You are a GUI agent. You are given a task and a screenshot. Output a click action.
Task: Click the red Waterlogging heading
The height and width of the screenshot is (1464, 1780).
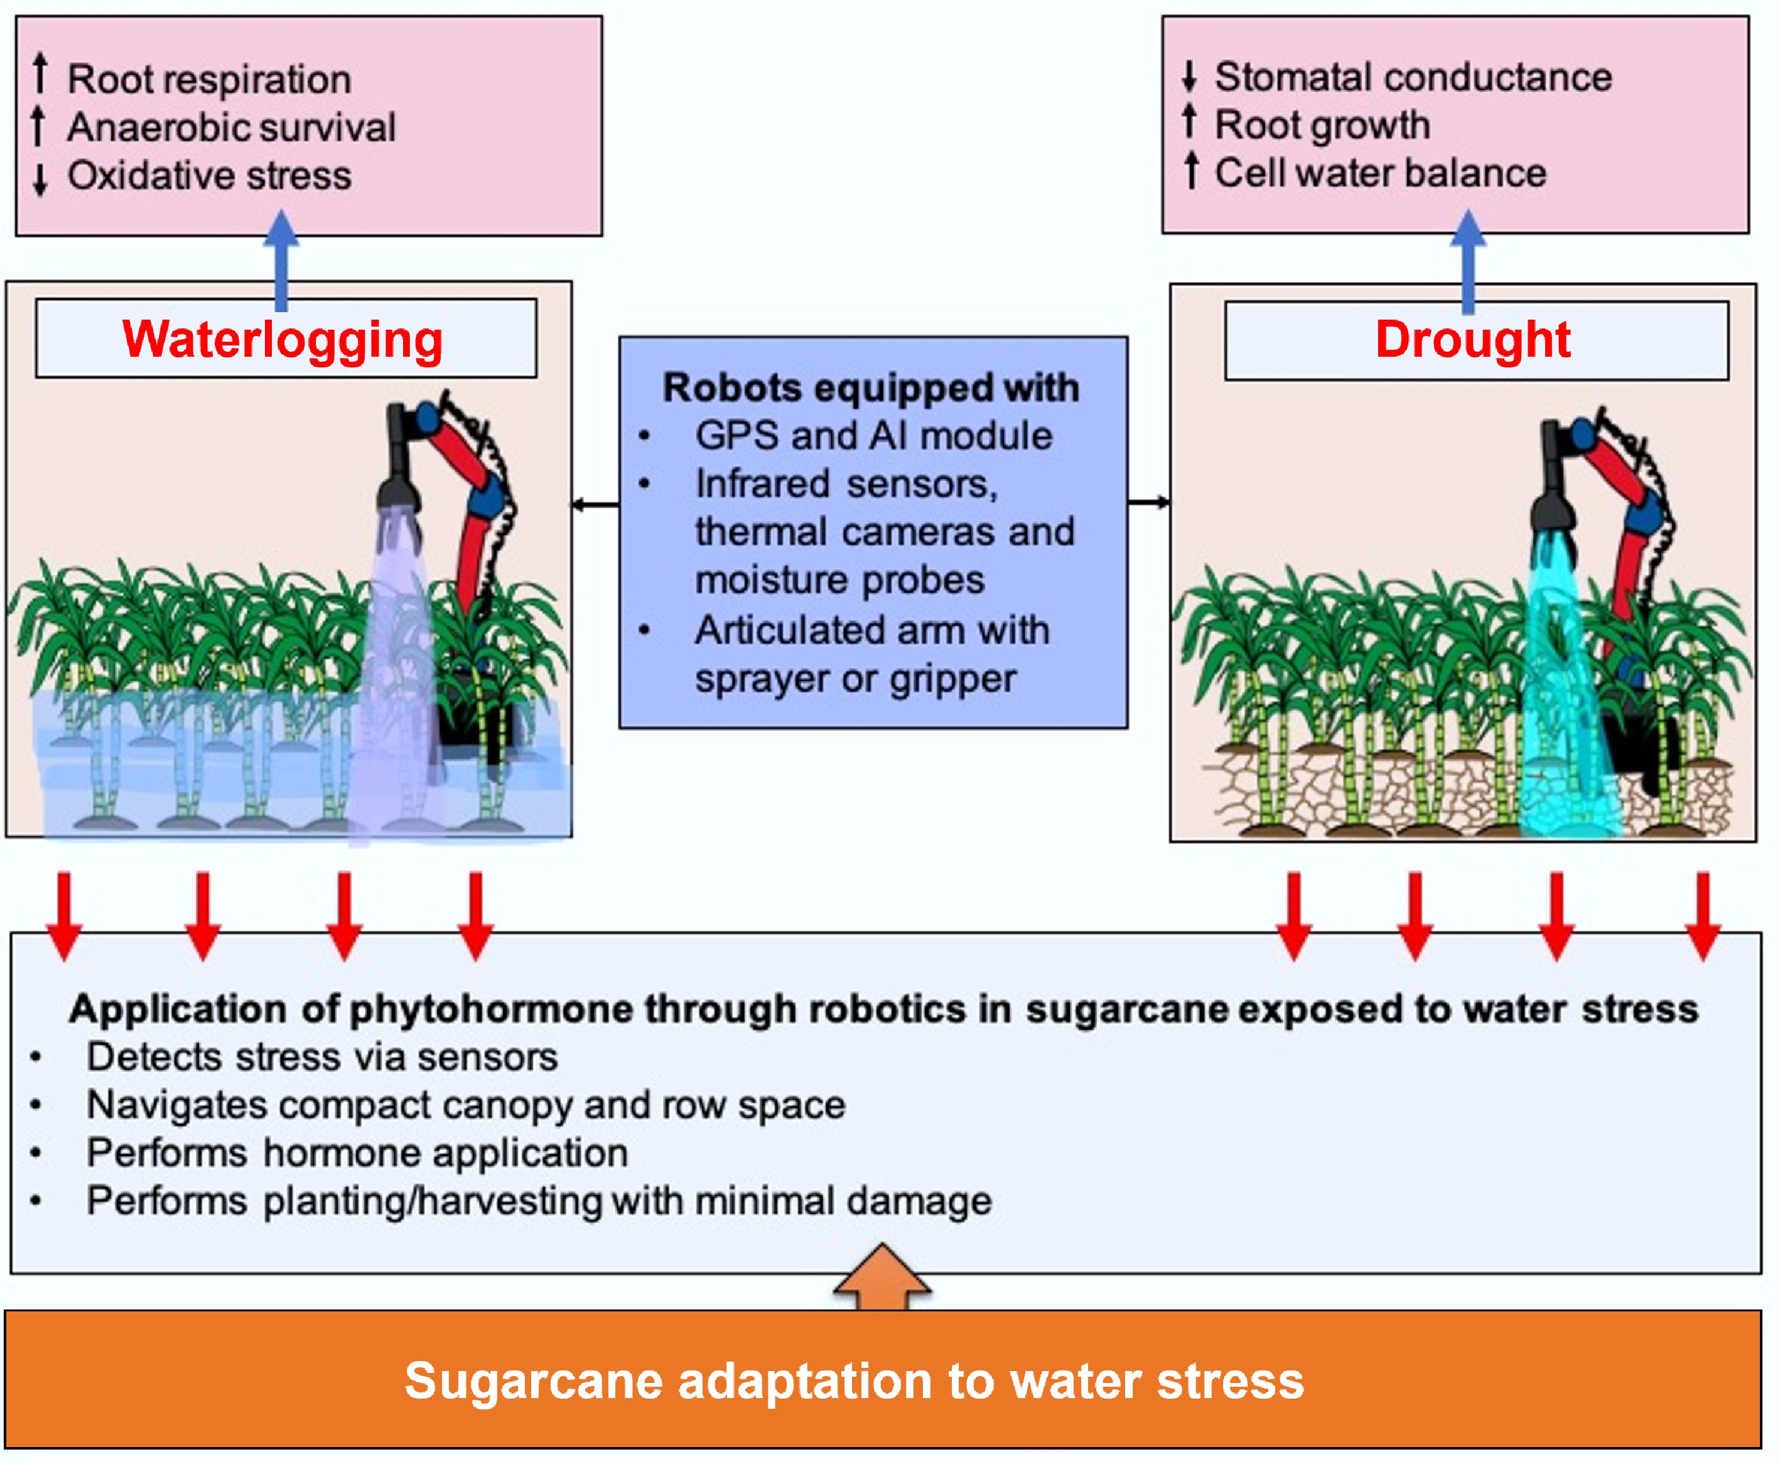(283, 339)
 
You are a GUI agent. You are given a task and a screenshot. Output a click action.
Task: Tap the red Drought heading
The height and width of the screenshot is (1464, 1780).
(1472, 339)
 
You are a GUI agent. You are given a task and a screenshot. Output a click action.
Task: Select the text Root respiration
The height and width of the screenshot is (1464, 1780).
(209, 79)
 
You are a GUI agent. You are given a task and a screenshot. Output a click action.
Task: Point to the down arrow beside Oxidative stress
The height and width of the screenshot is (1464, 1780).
(40, 178)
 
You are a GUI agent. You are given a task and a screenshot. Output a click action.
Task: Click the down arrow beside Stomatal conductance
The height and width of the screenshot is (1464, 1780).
(1189, 76)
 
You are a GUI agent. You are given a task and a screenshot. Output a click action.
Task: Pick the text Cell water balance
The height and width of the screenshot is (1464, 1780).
(1380, 173)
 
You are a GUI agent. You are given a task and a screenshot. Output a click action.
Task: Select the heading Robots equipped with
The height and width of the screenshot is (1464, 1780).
(871, 388)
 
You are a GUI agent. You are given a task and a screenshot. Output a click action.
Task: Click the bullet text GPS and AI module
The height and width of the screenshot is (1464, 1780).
(873, 436)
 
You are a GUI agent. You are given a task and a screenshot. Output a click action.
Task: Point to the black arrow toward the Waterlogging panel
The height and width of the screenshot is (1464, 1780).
(595, 504)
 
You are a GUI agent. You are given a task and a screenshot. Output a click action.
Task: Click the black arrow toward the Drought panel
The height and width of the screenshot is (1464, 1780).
(1148, 502)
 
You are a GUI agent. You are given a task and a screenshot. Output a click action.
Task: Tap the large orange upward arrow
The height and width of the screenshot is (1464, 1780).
(882, 1275)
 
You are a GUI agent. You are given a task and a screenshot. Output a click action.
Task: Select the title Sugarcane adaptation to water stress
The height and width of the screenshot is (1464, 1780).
(854, 1380)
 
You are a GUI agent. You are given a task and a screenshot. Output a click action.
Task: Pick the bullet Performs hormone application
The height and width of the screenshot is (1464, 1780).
(357, 1153)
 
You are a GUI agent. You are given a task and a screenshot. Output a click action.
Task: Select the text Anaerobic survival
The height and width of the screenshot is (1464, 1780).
(231, 127)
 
